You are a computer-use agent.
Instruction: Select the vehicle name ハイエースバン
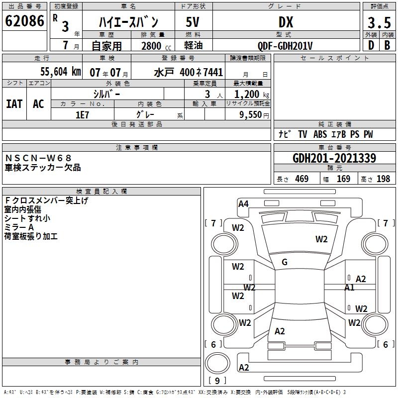point(128,22)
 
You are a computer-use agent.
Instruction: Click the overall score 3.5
point(379,22)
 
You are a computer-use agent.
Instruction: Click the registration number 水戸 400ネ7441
point(188,72)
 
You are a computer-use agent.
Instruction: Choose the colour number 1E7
point(82,114)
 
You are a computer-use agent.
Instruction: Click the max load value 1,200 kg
point(249,94)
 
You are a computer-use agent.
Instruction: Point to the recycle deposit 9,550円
point(249,114)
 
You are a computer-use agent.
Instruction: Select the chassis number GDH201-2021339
point(334,158)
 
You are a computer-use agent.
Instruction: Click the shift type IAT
point(14,103)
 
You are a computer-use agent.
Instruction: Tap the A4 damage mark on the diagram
point(243,203)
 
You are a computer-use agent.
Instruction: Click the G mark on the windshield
point(285,262)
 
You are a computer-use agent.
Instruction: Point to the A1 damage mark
point(349,287)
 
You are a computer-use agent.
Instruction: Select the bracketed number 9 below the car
point(216,381)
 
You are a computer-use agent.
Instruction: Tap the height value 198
point(383,179)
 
